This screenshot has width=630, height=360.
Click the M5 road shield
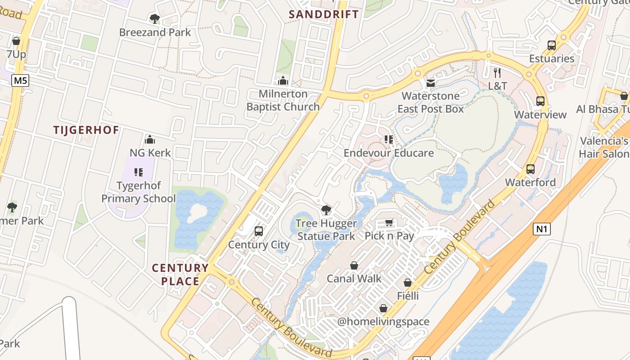(20, 81)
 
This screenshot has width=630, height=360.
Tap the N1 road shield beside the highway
(542, 229)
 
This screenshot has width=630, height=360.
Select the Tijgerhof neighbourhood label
(86, 130)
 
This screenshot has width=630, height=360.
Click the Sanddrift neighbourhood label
(324, 14)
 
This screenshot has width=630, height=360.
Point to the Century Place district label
(180, 274)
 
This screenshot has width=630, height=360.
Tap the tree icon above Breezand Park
(154, 19)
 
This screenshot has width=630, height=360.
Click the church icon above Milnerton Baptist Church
(283, 81)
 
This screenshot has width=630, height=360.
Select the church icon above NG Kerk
(150, 139)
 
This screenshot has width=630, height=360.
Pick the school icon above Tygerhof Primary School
(139, 172)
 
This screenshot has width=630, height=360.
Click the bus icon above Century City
(259, 231)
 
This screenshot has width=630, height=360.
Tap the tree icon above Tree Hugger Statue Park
(326, 210)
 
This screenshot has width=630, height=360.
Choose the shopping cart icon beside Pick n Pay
(389, 223)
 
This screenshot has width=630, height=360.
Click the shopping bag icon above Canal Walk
(354, 265)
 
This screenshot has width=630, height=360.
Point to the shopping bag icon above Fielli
(408, 283)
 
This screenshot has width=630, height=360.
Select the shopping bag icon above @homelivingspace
(383, 308)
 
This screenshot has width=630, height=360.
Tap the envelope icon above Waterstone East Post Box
(431, 83)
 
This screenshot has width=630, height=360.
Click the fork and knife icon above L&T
(497, 72)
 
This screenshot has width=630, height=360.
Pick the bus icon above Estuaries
(552, 45)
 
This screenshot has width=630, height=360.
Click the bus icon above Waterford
(531, 169)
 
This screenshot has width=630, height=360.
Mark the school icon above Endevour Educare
(389, 139)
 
